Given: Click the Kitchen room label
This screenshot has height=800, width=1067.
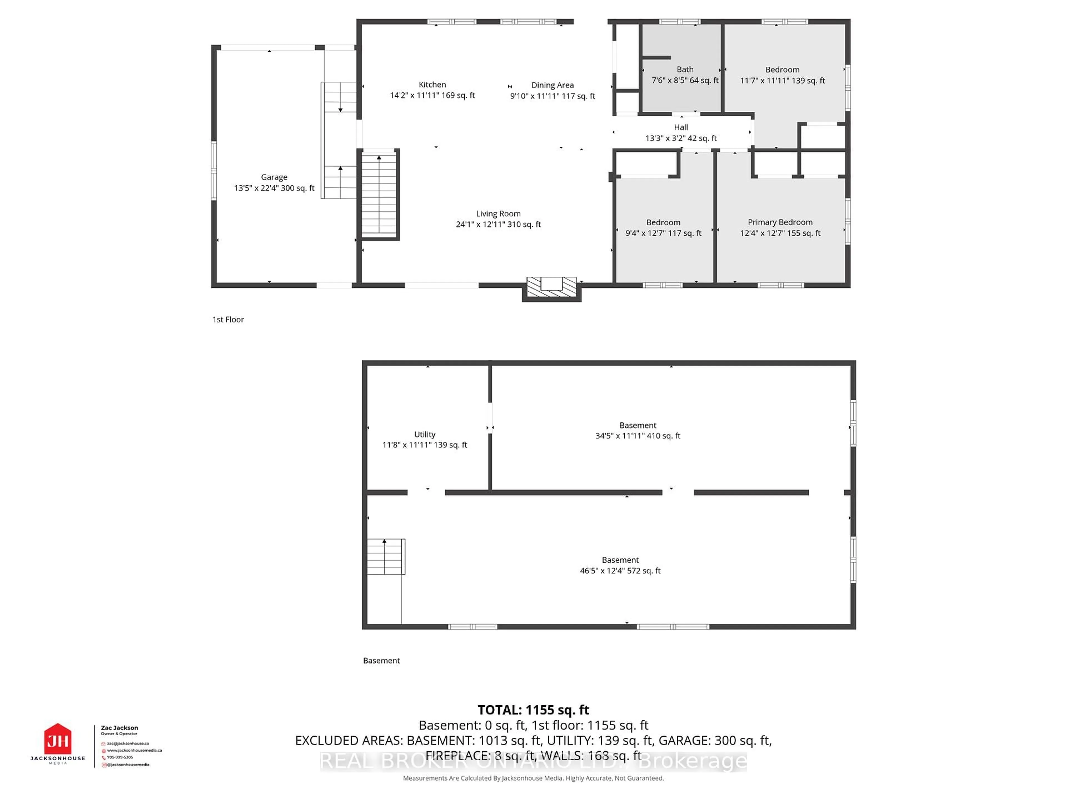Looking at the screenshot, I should (x=432, y=84).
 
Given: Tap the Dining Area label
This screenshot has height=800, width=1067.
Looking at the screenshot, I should (x=552, y=85).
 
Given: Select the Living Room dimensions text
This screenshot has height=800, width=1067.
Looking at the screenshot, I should (x=498, y=224).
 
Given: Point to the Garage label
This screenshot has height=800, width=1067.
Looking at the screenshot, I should (x=274, y=177).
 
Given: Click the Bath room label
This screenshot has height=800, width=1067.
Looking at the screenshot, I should (x=685, y=69).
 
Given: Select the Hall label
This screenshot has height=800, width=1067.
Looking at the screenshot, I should (x=680, y=127).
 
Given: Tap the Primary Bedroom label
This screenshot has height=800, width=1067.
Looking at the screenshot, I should (x=780, y=222).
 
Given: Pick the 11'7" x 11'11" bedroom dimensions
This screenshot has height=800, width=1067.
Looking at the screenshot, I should (x=782, y=81).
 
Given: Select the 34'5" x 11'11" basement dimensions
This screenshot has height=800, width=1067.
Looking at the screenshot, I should (x=638, y=436).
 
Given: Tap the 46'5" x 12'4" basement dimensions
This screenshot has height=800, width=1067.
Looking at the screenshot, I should (x=620, y=571).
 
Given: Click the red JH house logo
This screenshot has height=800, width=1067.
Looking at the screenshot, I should (x=58, y=739).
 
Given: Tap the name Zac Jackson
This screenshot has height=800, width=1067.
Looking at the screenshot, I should (x=119, y=728).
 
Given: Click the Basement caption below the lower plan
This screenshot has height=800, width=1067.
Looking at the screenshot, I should (x=381, y=661).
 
